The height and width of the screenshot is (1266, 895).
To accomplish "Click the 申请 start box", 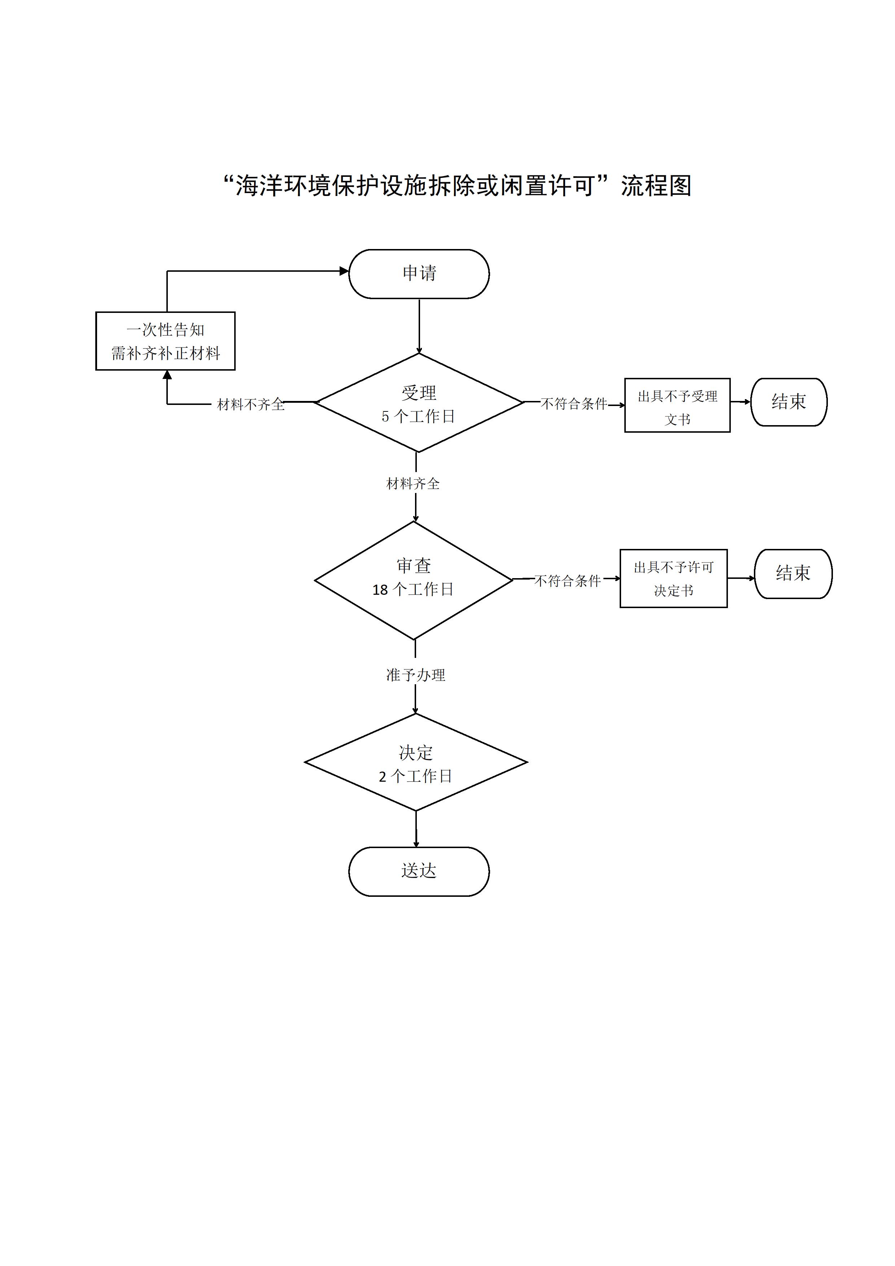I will coord(419,274).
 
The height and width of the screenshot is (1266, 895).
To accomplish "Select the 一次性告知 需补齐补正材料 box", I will coord(165,341).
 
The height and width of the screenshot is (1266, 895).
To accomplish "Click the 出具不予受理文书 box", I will coord(677,405).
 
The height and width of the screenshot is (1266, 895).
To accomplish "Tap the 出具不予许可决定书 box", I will coord(673,579).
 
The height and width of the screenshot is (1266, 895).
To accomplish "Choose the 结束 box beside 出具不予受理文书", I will coord(789,402).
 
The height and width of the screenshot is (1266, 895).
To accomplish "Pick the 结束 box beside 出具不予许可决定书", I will coord(793,573).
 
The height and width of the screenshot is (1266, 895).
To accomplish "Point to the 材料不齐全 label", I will coord(251,405).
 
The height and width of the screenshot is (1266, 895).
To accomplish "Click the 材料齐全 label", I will coord(413,484).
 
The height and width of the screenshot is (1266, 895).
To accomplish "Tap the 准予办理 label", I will coord(415,675).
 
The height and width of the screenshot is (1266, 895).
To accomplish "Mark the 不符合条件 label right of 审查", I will coord(567,581).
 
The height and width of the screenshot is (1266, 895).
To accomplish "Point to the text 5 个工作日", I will coord(419,417).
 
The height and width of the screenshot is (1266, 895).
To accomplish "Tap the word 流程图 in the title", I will coord(656,186).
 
